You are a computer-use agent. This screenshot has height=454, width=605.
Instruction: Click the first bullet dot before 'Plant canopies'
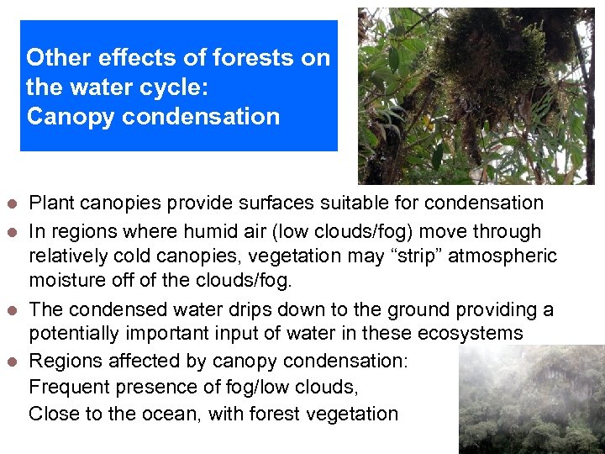point(11,204)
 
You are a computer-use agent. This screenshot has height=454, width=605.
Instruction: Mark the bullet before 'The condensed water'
point(11,311)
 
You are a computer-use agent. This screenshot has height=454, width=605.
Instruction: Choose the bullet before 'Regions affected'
point(11,362)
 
